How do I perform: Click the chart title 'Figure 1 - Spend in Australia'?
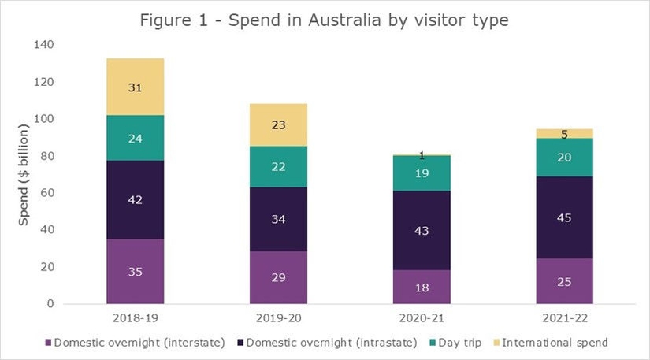[324, 20]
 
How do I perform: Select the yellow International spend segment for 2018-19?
[135, 87]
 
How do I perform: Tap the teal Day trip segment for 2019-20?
[278, 166]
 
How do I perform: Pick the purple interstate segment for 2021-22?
[565, 281]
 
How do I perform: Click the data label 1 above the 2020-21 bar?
[422, 155]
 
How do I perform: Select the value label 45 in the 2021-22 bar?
[565, 217]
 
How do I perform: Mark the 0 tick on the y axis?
[49, 304]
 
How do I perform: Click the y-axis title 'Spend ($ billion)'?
[24, 175]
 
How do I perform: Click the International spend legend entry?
[552, 343]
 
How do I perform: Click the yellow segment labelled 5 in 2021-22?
[565, 133]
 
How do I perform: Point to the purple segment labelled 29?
[278, 277]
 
